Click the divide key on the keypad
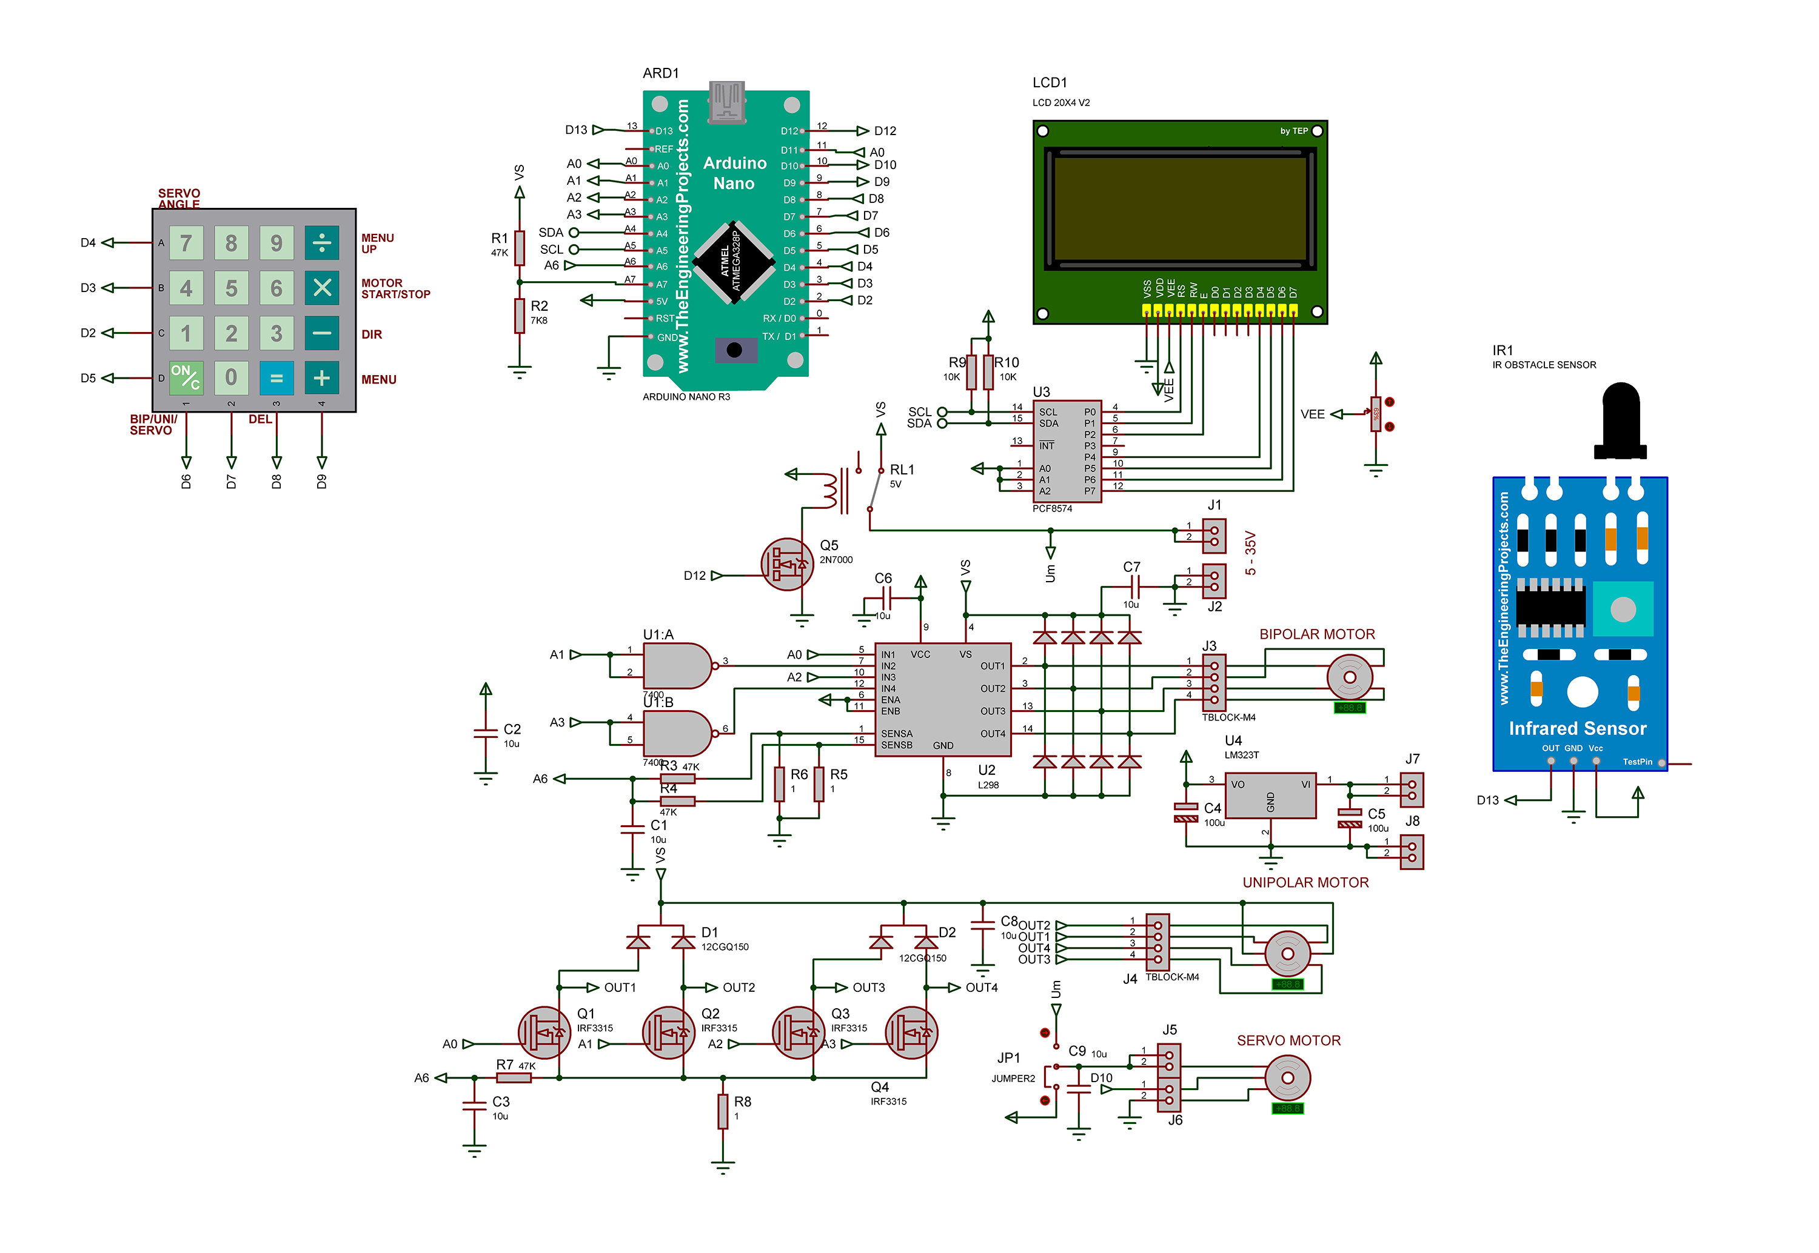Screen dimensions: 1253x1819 click(322, 242)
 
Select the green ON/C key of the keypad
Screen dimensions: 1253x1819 click(186, 377)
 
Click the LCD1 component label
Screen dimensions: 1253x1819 click(1050, 82)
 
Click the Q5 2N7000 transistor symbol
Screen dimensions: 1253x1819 click(787, 563)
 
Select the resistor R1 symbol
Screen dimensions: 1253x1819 click(519, 248)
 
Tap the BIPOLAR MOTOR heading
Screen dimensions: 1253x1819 click(1317, 634)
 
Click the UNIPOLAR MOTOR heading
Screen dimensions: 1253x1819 click(1305, 882)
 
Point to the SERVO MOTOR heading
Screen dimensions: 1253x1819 click(1289, 1040)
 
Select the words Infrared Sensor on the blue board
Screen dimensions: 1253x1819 click(1577, 728)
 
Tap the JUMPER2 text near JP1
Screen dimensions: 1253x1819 click(1013, 1079)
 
